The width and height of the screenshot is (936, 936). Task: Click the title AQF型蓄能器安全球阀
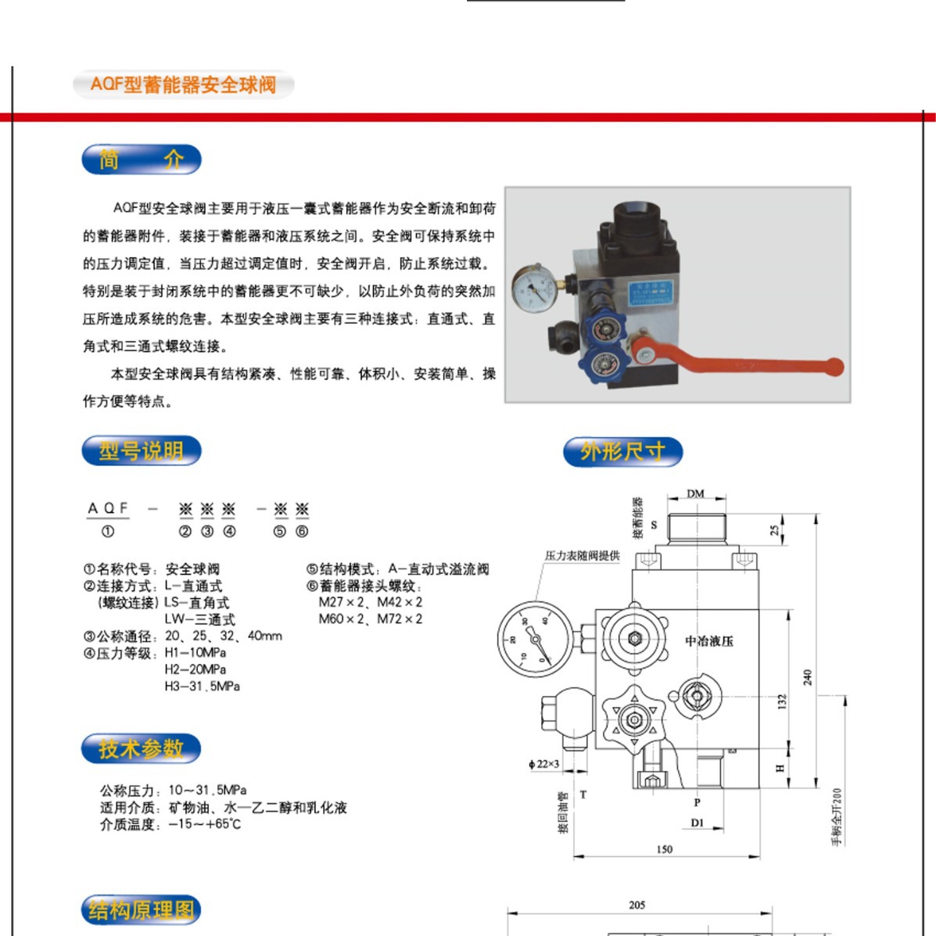[183, 84]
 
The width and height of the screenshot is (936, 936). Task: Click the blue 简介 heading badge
[142, 160]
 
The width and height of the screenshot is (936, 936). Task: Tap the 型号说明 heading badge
[142, 451]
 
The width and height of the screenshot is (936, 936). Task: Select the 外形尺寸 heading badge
[622, 451]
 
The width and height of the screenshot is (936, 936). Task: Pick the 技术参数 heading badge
[142, 748]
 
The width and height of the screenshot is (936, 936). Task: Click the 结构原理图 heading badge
[142, 910]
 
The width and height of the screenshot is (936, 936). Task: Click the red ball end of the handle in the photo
[834, 366]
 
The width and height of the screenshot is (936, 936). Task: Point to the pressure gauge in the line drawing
[535, 639]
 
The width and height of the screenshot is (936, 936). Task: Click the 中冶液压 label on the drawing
[709, 641]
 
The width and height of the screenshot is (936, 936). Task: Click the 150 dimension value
[664, 849]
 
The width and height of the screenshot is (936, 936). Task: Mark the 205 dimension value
[637, 905]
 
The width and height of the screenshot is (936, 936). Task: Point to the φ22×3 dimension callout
[544, 764]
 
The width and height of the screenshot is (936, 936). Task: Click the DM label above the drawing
[695, 493]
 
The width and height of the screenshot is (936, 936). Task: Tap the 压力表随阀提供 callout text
[582, 556]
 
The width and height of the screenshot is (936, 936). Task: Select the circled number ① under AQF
[108, 532]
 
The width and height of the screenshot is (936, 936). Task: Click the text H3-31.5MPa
[202, 687]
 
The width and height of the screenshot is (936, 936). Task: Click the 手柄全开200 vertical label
[837, 816]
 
